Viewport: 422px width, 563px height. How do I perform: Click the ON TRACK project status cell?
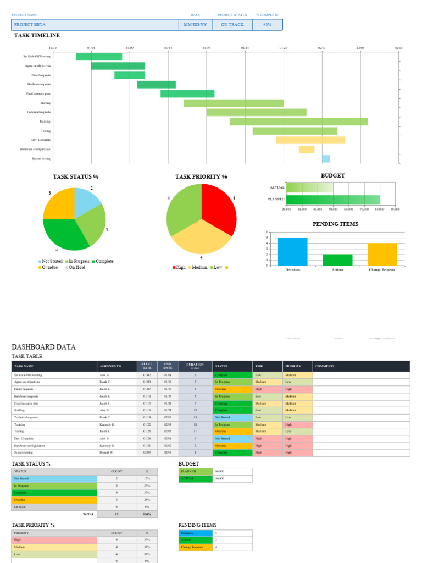tap(232, 25)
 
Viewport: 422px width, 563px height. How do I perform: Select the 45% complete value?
tap(267, 25)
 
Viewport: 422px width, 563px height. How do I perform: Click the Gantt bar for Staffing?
tap(234, 103)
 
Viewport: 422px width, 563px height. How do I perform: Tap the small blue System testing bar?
tap(326, 159)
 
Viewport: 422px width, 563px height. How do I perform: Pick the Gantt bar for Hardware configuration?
tap(307, 150)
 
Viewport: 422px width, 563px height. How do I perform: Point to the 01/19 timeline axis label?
tap(206, 48)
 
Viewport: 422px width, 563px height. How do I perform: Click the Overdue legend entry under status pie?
tap(48, 267)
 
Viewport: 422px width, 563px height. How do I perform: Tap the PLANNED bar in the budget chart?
tap(333, 199)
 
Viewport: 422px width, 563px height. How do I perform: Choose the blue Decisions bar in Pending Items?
tap(292, 251)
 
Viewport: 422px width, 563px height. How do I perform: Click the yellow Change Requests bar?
tap(382, 254)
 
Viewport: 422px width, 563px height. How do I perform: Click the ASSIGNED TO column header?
tap(110, 366)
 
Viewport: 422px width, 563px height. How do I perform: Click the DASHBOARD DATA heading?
tap(43, 347)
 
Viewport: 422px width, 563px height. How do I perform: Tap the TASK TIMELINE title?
tap(37, 36)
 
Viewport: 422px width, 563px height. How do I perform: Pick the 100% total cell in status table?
tap(147, 514)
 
